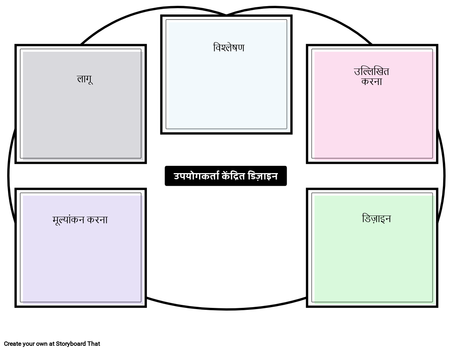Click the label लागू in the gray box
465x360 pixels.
pos(85,79)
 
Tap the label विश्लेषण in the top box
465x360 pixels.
pos(228,48)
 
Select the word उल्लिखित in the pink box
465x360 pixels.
pos(371,72)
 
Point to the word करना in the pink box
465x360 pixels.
pos(372,82)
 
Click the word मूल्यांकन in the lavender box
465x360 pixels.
pos(69,220)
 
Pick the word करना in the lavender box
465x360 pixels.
pos(97,220)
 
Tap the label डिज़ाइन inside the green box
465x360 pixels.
pos(376,219)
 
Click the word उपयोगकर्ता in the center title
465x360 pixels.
pos(196,176)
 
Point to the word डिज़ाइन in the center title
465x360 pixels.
pos(263,176)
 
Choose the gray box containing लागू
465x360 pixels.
pos(81,115)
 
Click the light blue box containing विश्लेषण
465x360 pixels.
pos(226,88)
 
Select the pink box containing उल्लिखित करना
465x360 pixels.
pos(372,119)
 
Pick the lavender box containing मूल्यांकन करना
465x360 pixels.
pos(81,260)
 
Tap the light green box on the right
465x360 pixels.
pos(372,260)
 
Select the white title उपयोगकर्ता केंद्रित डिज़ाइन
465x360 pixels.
pos(225,176)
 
